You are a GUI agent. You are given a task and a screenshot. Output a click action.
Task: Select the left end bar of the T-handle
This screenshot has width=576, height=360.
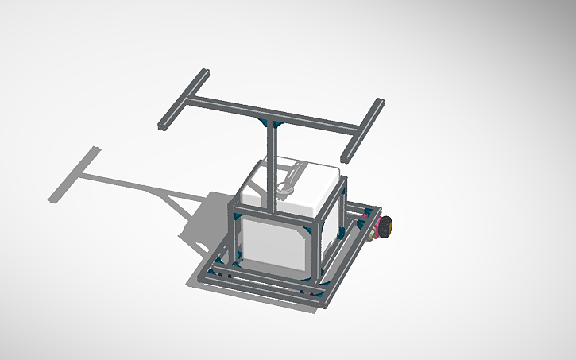[x=183, y=100]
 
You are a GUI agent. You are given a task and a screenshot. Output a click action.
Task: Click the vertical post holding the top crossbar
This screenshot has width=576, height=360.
[x=272, y=167]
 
